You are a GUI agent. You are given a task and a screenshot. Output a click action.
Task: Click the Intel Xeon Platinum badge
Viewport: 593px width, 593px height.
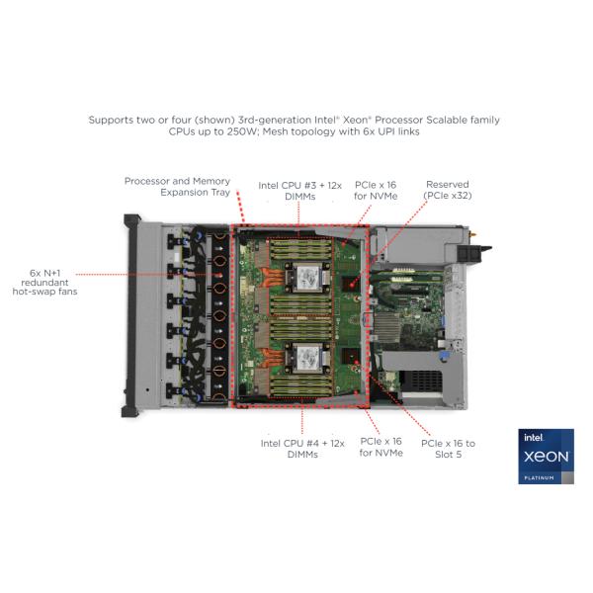[546, 456]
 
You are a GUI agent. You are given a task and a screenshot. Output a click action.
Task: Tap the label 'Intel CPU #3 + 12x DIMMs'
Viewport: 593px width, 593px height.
[299, 191]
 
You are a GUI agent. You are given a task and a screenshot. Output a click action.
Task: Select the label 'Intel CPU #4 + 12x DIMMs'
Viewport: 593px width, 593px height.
[302, 449]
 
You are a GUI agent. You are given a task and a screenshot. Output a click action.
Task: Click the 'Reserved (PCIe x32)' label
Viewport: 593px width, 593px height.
[448, 190]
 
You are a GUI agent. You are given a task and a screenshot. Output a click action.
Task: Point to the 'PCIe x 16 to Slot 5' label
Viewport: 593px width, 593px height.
[448, 449]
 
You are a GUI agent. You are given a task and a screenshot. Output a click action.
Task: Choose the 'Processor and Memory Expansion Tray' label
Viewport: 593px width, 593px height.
[177, 187]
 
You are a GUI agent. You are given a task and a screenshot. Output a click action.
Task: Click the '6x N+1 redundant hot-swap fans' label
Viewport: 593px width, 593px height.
[45, 282]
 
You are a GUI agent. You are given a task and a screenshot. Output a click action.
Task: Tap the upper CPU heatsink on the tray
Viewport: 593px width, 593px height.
[307, 278]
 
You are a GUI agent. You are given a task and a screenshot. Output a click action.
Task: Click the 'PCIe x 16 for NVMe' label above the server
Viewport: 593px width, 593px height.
[376, 190]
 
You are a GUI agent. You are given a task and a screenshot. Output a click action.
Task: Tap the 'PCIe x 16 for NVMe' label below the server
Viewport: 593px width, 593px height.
[381, 447]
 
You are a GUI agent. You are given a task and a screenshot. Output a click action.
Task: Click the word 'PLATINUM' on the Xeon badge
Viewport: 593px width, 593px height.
[539, 478]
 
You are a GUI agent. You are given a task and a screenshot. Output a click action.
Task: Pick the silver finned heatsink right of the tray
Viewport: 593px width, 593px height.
[386, 327]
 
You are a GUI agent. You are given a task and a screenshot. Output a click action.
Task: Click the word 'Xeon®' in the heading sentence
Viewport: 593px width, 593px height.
[358, 121]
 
